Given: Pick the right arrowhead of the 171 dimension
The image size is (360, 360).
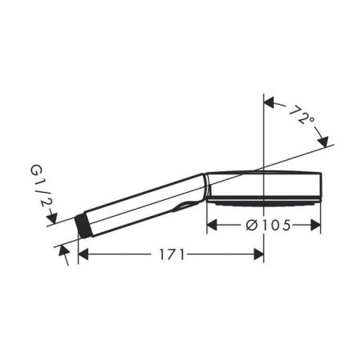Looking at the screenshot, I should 258,254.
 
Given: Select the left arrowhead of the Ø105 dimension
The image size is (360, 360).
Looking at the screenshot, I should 212,226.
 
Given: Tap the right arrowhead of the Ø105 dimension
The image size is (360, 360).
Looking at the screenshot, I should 317,226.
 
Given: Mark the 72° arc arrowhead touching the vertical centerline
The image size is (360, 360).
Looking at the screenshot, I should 269,102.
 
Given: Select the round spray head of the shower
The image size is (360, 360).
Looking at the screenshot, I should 264,186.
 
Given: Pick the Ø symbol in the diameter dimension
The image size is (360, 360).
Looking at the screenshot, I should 251,226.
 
